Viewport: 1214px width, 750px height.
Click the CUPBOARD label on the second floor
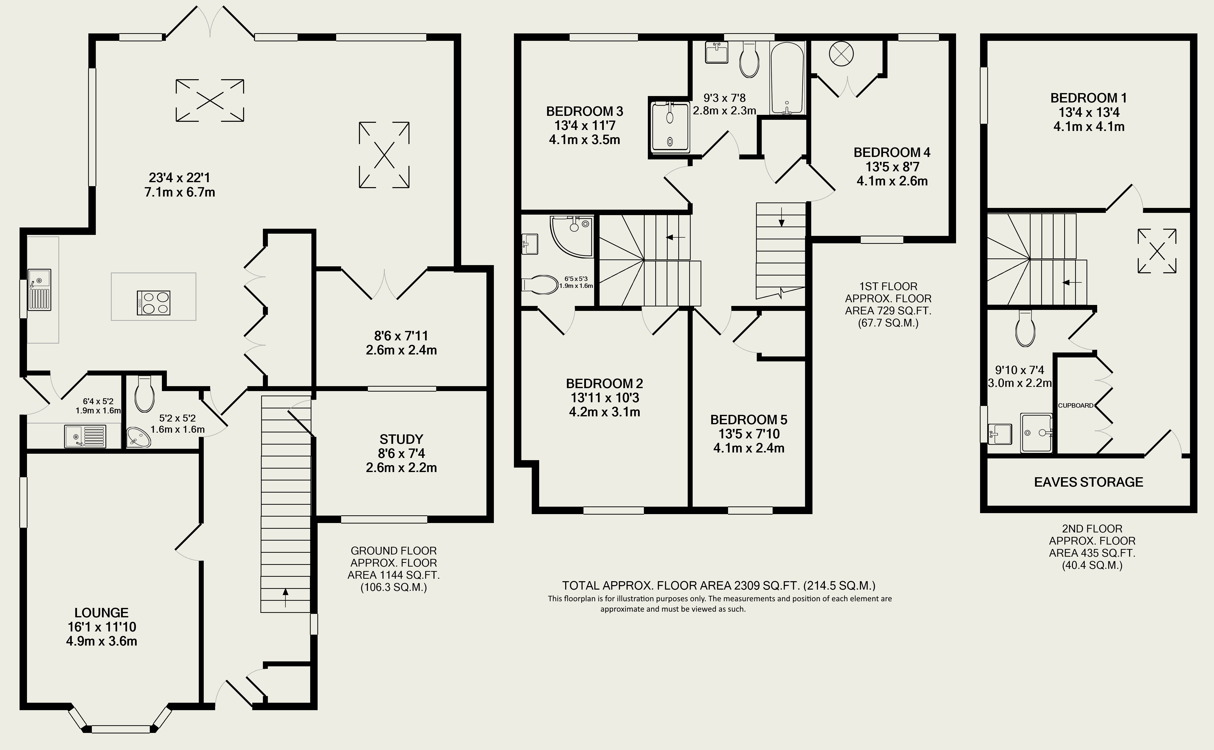click(1076, 405)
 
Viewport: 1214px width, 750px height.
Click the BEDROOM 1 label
click(1088, 98)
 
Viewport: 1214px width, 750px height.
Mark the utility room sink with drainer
click(85, 436)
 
